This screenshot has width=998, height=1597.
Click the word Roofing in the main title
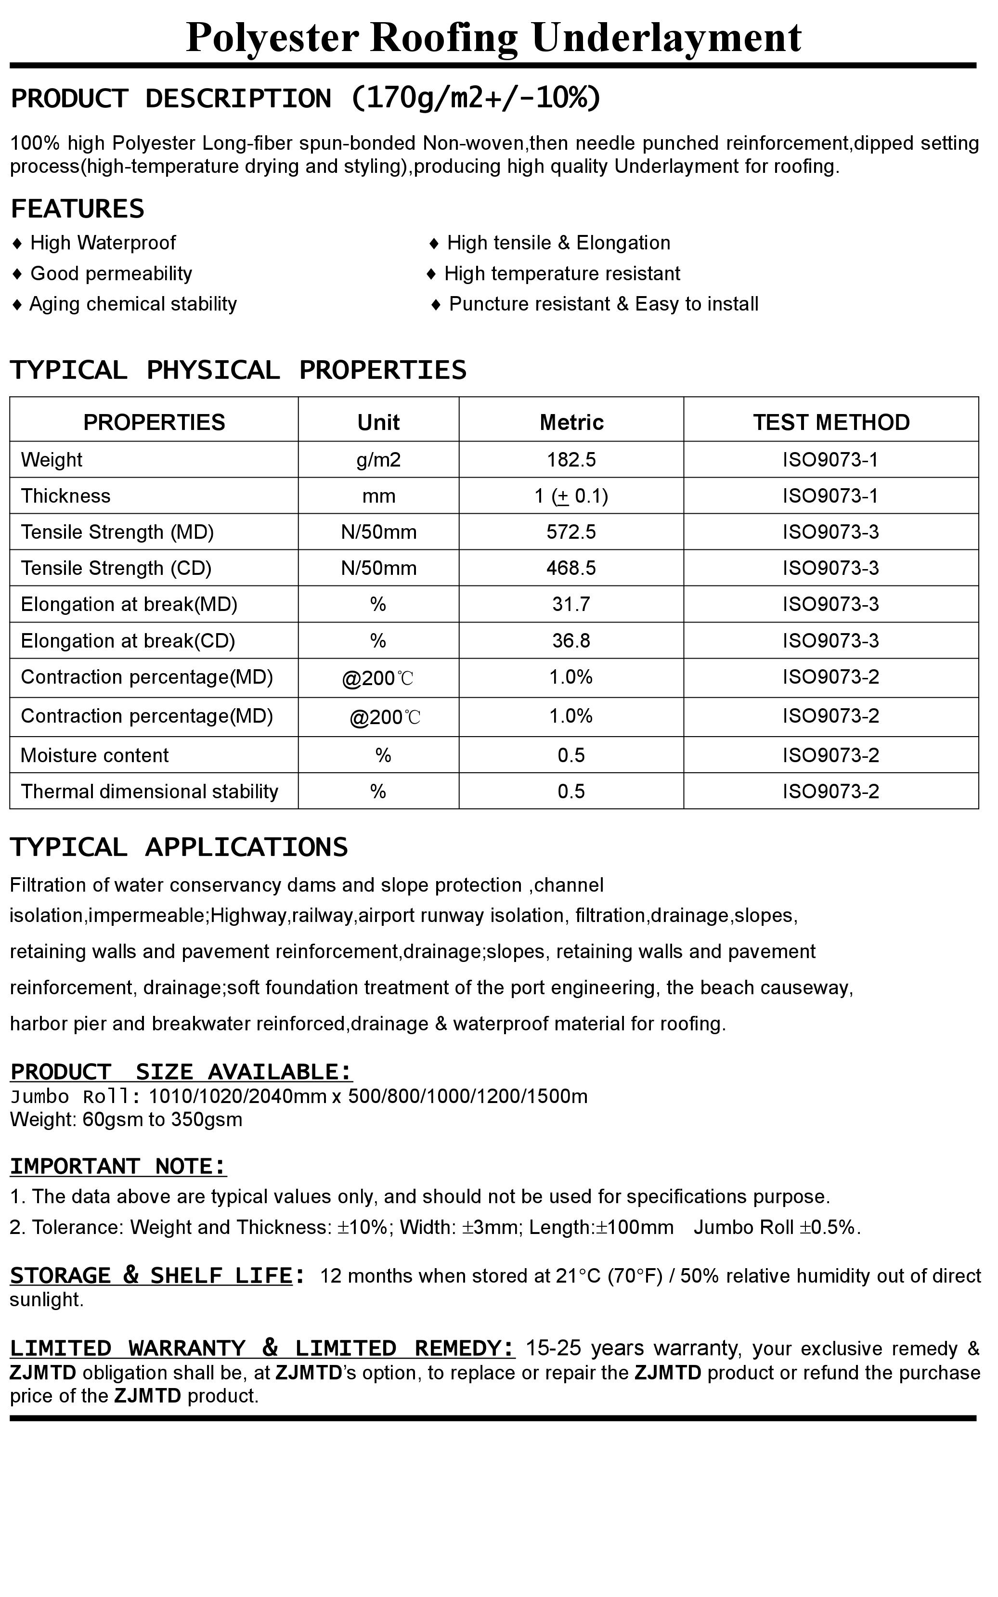point(443,38)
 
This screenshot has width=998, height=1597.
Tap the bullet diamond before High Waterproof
point(17,244)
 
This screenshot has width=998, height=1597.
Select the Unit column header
point(378,422)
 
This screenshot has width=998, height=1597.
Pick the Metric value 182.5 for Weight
point(571,460)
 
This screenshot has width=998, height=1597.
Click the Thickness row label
point(65,496)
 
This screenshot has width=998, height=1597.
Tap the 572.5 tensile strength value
point(571,532)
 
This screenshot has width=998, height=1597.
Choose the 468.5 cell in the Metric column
point(571,568)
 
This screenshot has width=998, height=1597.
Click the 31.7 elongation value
point(571,605)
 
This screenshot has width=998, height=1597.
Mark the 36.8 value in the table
point(571,641)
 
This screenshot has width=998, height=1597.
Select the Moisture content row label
point(94,755)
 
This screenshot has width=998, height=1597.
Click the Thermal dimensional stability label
point(149,792)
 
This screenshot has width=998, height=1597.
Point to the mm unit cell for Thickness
point(378,496)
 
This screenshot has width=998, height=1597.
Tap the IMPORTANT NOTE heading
point(118,1167)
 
